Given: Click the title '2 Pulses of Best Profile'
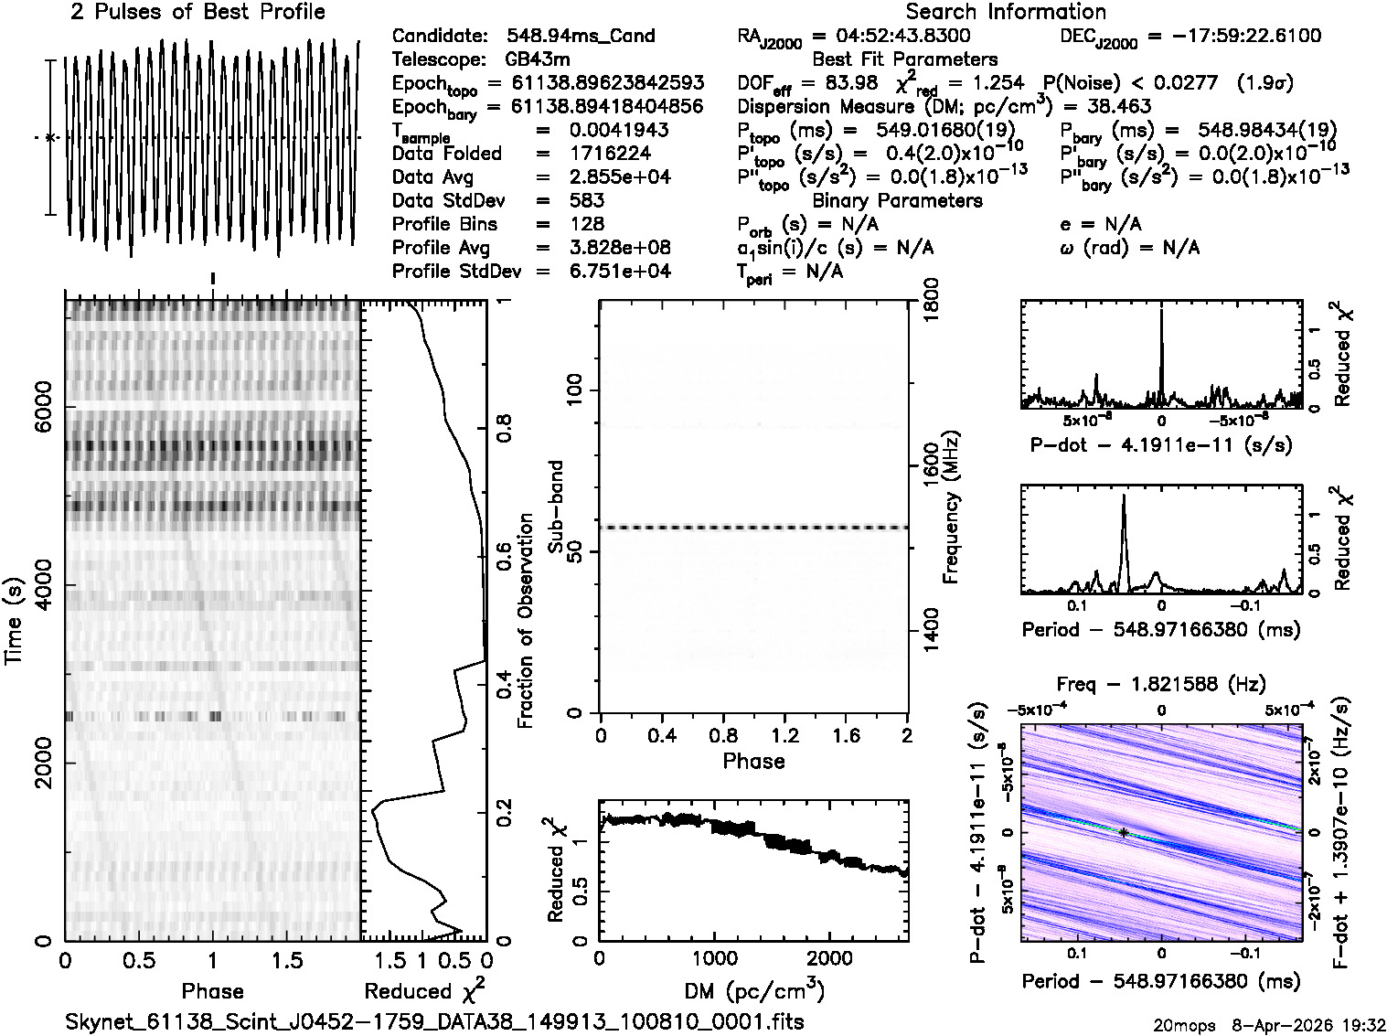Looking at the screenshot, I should point(197,12).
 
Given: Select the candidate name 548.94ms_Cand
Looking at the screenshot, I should point(581,36).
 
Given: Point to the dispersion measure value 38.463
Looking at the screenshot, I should point(1120,106).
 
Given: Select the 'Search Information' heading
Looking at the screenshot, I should point(1005,12).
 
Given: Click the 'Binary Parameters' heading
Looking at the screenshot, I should point(897,200).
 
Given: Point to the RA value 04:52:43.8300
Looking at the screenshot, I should point(891,36).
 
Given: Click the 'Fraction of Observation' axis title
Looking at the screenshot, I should point(525,621).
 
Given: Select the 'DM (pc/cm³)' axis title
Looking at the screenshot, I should point(753,990).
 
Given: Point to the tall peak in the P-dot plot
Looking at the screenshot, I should point(1161,315).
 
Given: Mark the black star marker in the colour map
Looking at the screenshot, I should point(1123,831).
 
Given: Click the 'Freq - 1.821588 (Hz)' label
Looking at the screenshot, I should point(1161,684).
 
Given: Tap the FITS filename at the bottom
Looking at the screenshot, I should point(434,1021).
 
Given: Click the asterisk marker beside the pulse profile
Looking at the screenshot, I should point(50,137).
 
